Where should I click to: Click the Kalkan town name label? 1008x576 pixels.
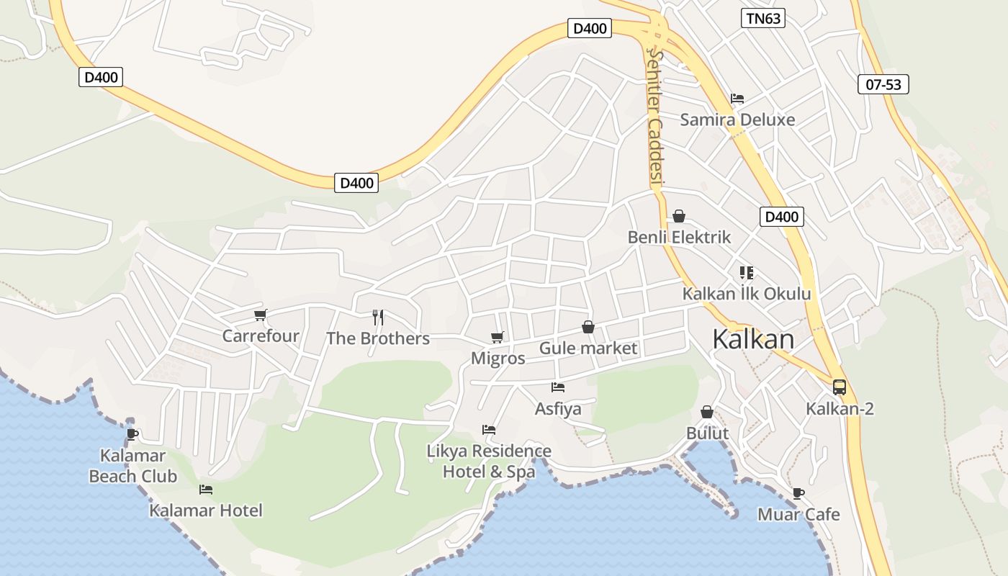(x=753, y=339)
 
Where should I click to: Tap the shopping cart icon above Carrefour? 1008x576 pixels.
(x=261, y=315)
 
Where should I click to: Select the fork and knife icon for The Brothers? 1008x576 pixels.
(x=378, y=317)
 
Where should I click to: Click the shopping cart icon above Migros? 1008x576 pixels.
(x=497, y=337)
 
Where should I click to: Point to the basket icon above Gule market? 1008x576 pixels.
(x=588, y=327)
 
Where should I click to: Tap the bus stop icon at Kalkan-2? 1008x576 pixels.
(x=840, y=387)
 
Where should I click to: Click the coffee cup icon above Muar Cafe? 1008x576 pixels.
(x=798, y=493)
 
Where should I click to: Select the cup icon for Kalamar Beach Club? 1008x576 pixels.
(x=132, y=434)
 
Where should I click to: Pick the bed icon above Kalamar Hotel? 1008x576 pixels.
(x=206, y=490)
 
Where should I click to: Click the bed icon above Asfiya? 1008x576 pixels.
(x=558, y=387)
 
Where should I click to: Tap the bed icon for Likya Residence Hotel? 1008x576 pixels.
(x=489, y=430)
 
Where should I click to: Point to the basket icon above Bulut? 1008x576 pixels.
(x=707, y=412)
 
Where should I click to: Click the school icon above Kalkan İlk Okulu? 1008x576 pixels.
(x=746, y=273)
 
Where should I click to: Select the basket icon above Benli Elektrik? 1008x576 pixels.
(x=679, y=216)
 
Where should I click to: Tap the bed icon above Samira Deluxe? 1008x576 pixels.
(x=737, y=99)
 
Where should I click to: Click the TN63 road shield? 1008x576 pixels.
(x=762, y=19)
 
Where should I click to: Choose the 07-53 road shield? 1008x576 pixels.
(x=883, y=84)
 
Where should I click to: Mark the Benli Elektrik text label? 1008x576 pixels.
(x=679, y=237)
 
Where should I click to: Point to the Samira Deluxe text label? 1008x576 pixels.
(x=737, y=120)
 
